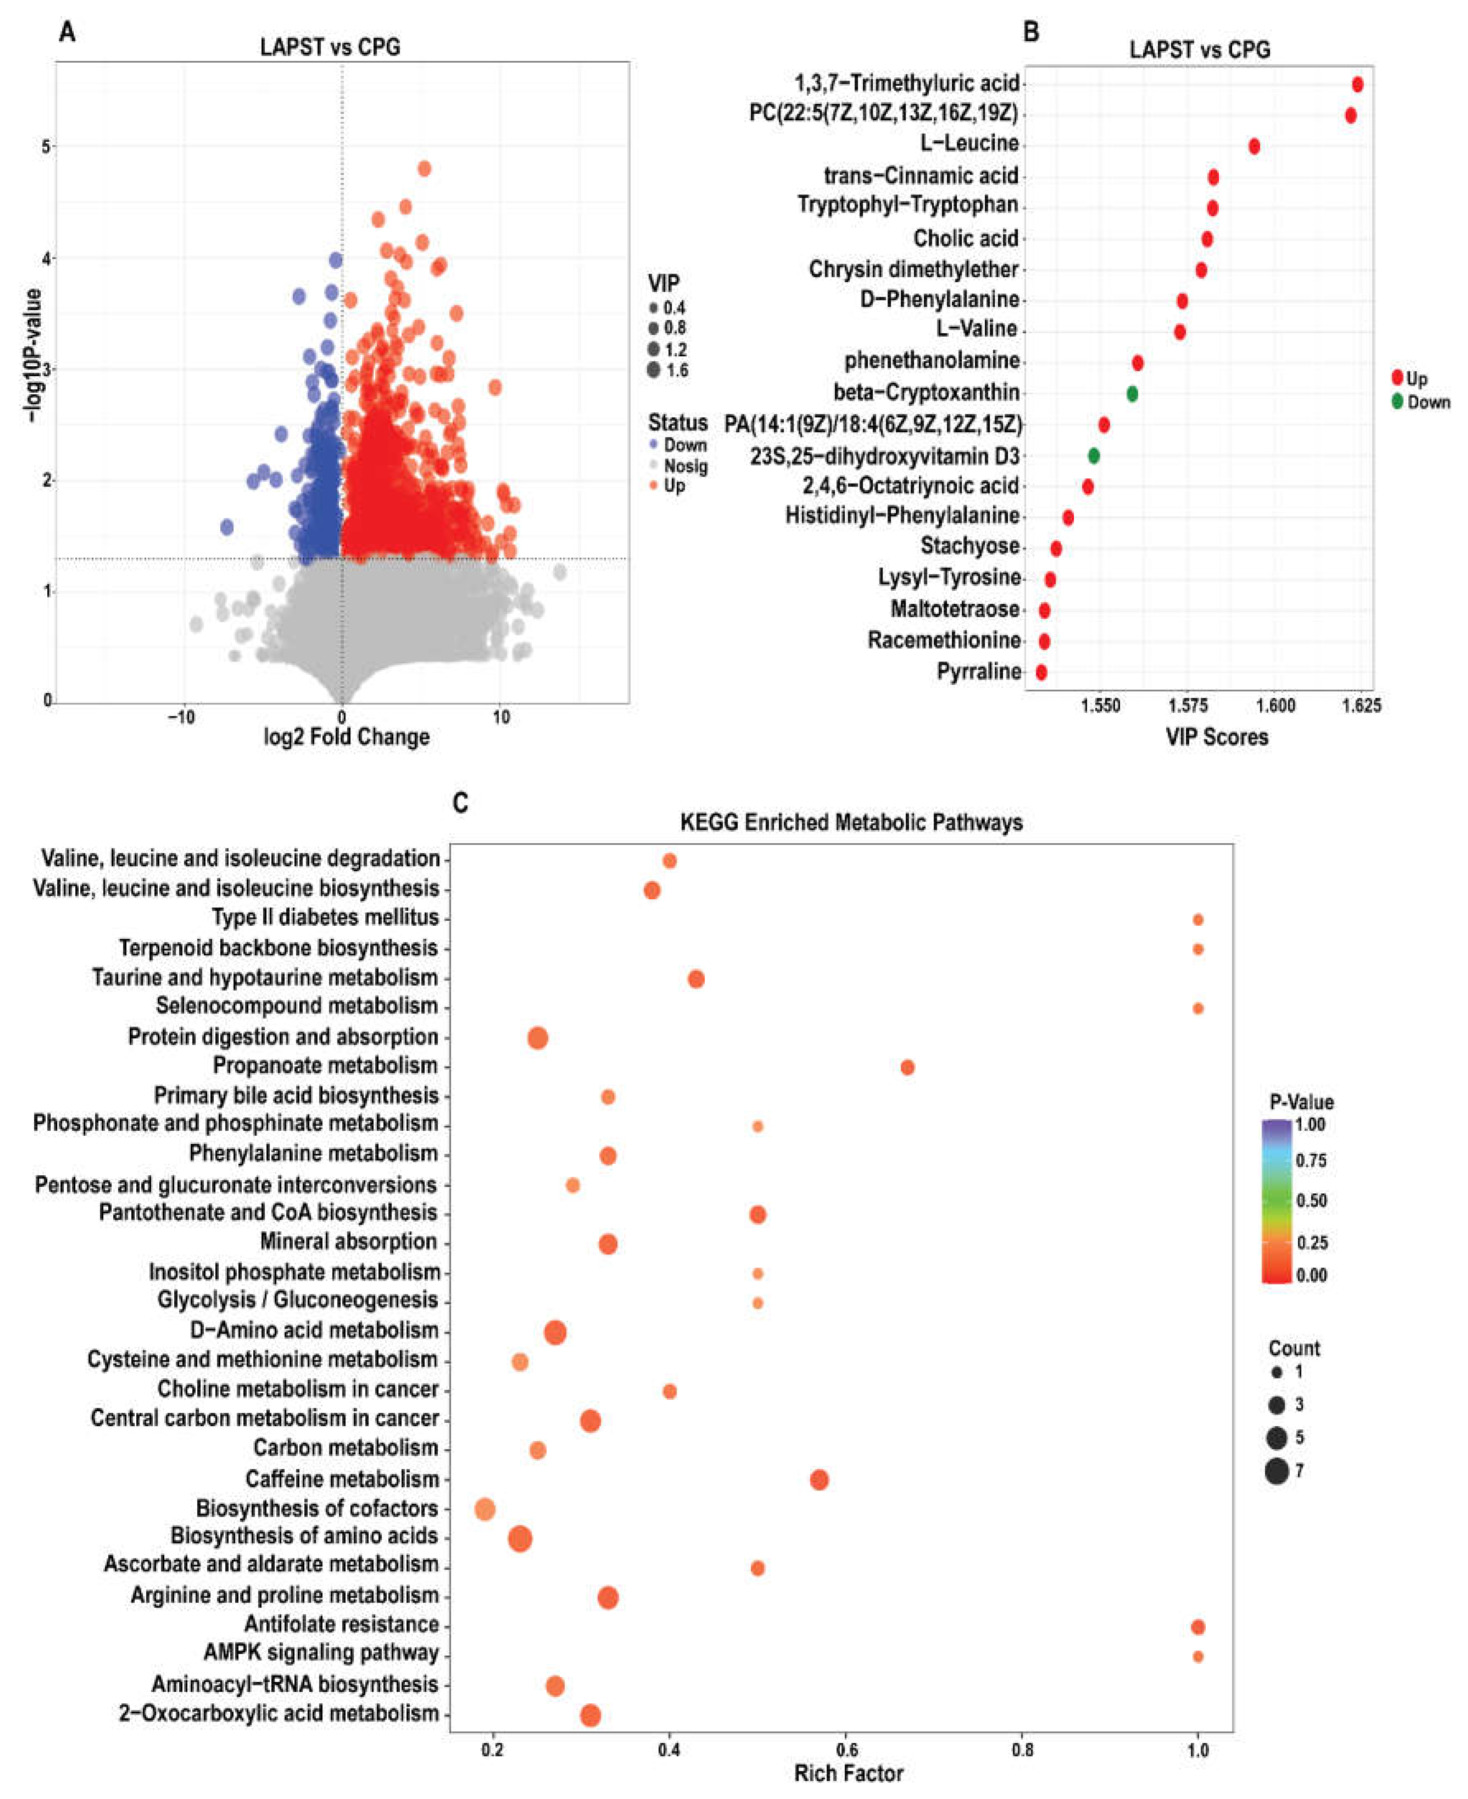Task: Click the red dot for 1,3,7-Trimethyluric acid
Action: [x=1357, y=84]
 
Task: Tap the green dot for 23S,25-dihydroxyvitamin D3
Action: [x=1093, y=456]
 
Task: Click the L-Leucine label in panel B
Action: [x=969, y=143]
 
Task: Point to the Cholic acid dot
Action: [x=1207, y=239]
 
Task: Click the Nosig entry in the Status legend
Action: [x=685, y=466]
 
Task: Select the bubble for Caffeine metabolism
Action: [x=819, y=1479]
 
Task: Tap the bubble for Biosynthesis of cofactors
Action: [x=485, y=1509]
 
